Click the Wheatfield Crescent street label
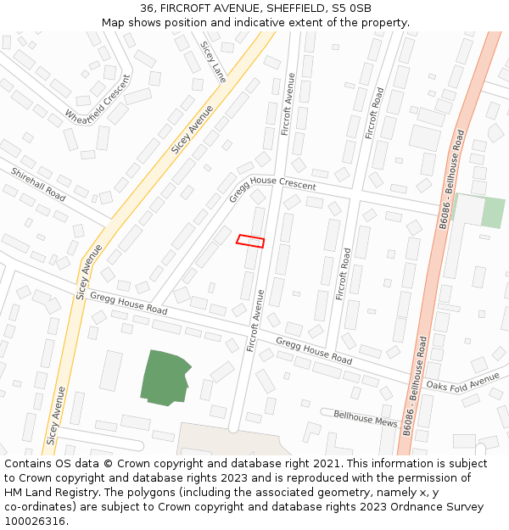tap(98, 100)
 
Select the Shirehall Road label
tap(38, 184)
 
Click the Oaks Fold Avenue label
tap(463, 383)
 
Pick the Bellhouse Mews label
tap(365, 417)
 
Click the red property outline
tap(250, 242)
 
